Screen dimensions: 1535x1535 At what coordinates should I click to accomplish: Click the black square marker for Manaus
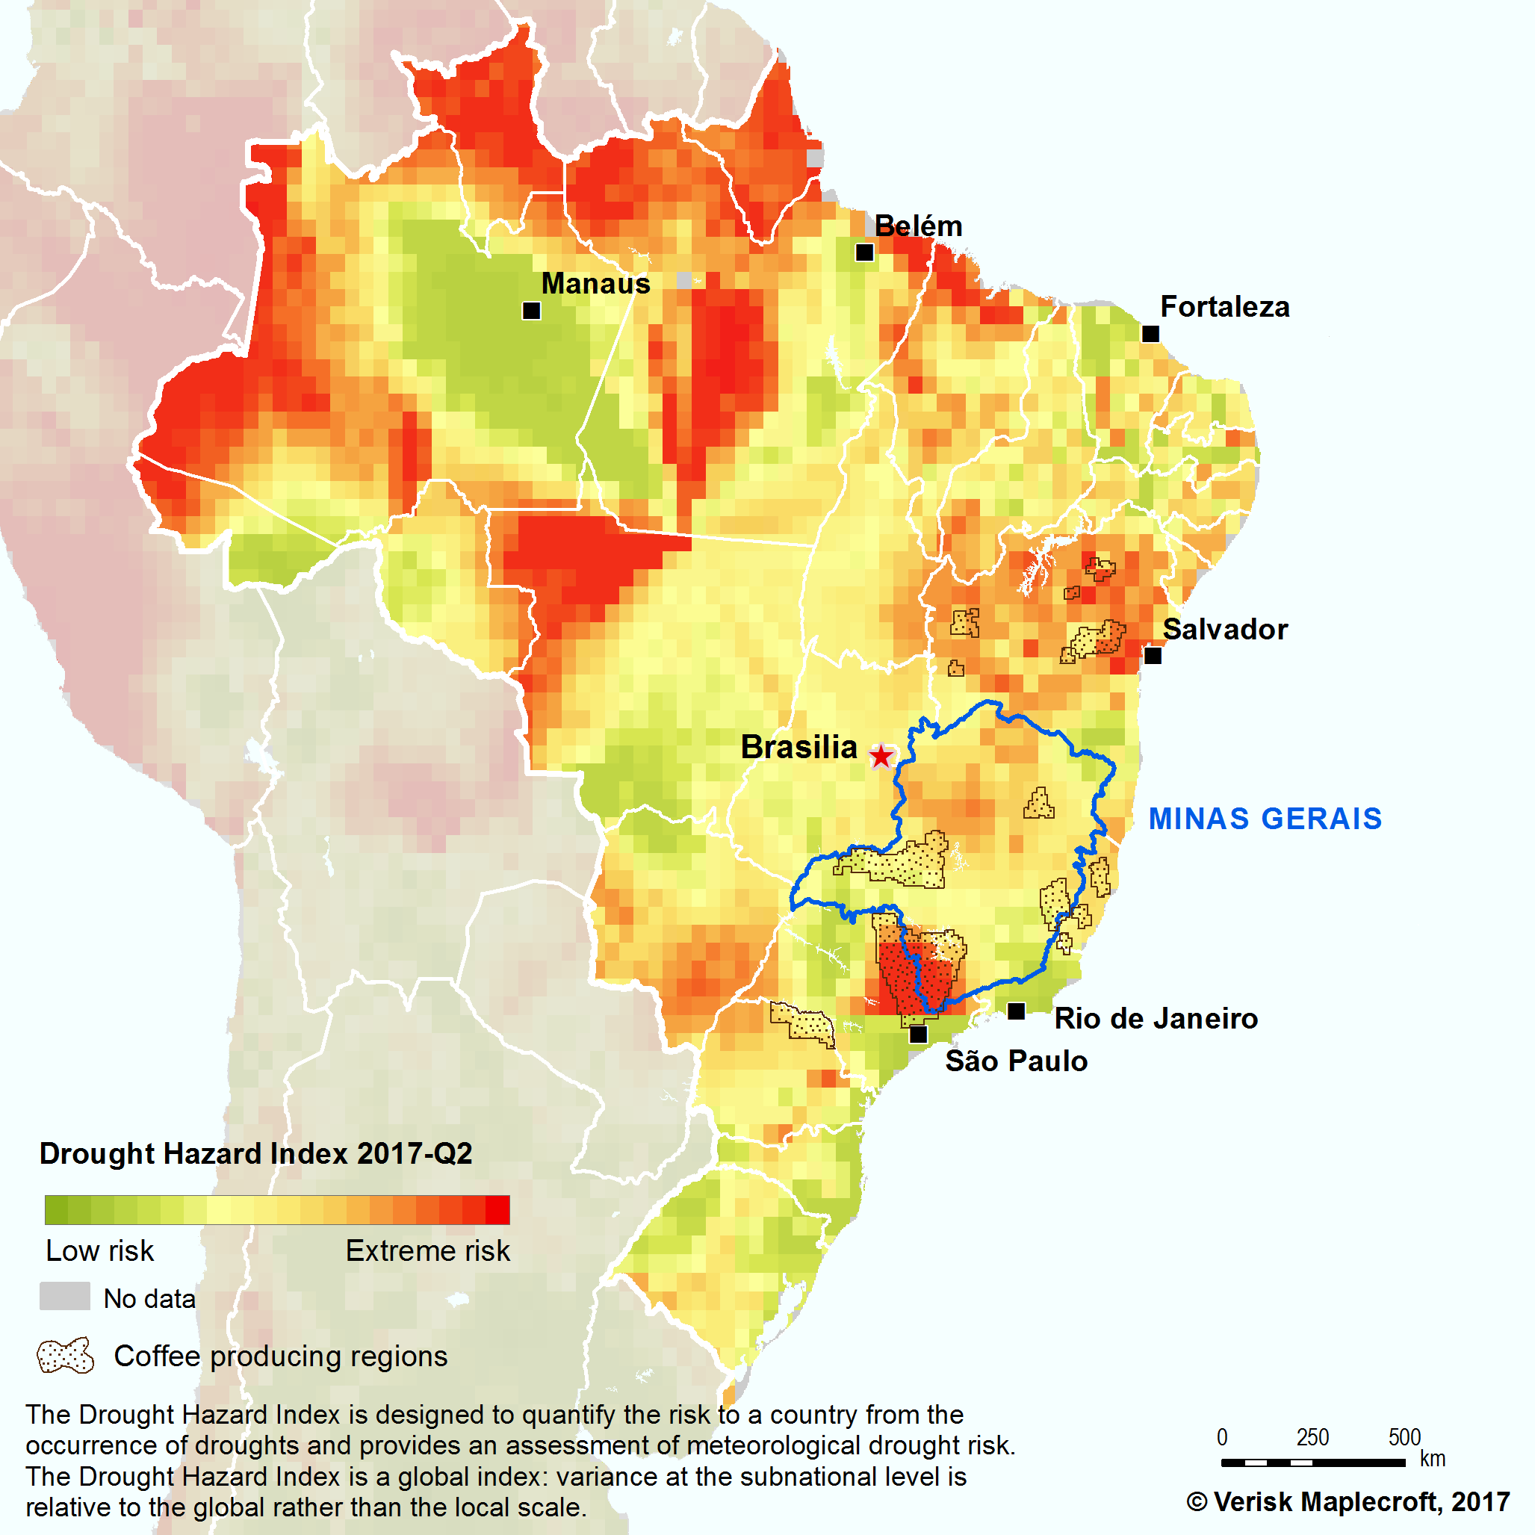[x=532, y=311]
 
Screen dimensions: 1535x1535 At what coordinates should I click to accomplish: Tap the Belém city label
[x=919, y=226]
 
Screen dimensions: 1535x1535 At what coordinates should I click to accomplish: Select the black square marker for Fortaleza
[x=1150, y=334]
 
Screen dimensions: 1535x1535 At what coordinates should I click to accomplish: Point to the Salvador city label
[x=1224, y=629]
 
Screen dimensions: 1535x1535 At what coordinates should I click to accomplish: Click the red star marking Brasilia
[x=881, y=756]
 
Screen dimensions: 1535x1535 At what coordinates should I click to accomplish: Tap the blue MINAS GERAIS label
[x=1265, y=819]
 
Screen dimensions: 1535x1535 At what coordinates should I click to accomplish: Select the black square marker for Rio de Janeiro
[x=1015, y=1011]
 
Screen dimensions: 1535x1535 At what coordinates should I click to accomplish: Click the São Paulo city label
[x=1016, y=1061]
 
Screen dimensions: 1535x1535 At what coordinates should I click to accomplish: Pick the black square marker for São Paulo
[x=918, y=1035]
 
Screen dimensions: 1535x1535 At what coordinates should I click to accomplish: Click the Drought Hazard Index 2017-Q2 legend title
[x=255, y=1153]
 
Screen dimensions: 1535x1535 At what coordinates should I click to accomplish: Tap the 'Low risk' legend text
[x=99, y=1250]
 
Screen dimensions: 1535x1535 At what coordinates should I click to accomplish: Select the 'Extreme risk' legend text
[x=427, y=1250]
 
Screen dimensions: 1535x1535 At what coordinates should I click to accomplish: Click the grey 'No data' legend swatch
[x=64, y=1296]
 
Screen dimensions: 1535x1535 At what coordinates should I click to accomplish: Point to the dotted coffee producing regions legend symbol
[x=65, y=1356]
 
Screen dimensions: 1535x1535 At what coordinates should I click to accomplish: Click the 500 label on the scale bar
[x=1404, y=1437]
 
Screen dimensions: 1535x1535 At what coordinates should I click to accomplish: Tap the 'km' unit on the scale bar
[x=1433, y=1460]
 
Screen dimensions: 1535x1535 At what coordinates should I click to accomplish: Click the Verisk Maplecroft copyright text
[x=1348, y=1501]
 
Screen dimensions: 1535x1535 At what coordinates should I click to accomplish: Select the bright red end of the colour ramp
[x=498, y=1210]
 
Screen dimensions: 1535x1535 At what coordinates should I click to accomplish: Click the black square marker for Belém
[x=864, y=252]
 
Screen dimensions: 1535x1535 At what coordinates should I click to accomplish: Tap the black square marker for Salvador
[x=1152, y=656]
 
